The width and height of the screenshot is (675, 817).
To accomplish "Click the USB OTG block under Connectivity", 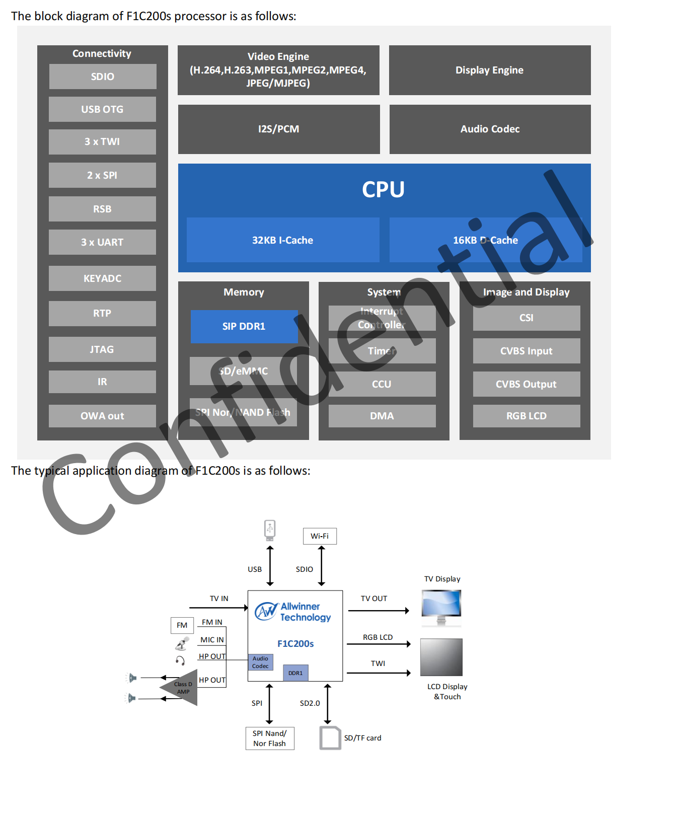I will pyautogui.click(x=102, y=109).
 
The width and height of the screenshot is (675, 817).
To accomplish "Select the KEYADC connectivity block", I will pyautogui.click(x=102, y=278).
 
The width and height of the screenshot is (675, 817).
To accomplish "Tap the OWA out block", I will pyautogui.click(x=102, y=416).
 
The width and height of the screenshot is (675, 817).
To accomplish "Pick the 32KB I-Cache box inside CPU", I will pyautogui.click(x=282, y=240).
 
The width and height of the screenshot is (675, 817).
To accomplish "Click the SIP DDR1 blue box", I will pyautogui.click(x=244, y=326).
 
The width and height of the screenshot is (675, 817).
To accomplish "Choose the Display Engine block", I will pyautogui.click(x=489, y=70).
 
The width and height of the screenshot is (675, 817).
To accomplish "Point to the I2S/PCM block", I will pyautogui.click(x=278, y=129).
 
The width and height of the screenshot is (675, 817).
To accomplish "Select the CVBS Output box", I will pyautogui.click(x=526, y=384).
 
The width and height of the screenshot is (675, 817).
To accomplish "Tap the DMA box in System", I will pyautogui.click(x=382, y=416).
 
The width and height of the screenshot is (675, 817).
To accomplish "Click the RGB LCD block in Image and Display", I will pyautogui.click(x=526, y=416).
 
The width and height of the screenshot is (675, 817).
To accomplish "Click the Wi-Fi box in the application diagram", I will pyautogui.click(x=320, y=536).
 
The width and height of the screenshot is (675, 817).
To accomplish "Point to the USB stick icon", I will pyautogui.click(x=270, y=530).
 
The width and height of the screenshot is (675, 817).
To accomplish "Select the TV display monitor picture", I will pyautogui.click(x=441, y=607).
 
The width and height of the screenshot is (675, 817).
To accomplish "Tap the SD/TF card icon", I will pyautogui.click(x=330, y=737).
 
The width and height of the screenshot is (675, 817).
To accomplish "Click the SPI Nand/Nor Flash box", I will pyautogui.click(x=269, y=738).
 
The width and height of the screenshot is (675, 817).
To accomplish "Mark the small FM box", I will pyautogui.click(x=182, y=625).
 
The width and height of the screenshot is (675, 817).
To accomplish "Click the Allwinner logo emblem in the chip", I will pyautogui.click(x=266, y=611).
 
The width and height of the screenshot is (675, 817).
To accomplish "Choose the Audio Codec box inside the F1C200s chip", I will pyautogui.click(x=260, y=662).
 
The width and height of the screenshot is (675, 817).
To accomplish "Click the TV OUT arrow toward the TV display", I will pyautogui.click(x=379, y=611).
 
